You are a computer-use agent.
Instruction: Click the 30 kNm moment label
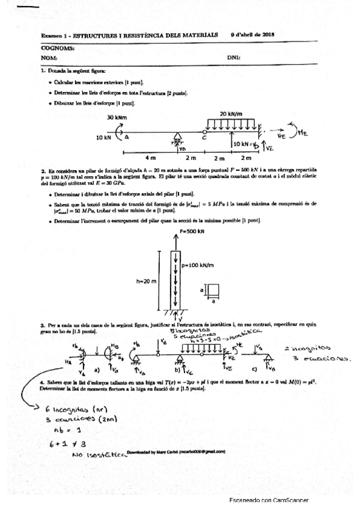tap(116, 117)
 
